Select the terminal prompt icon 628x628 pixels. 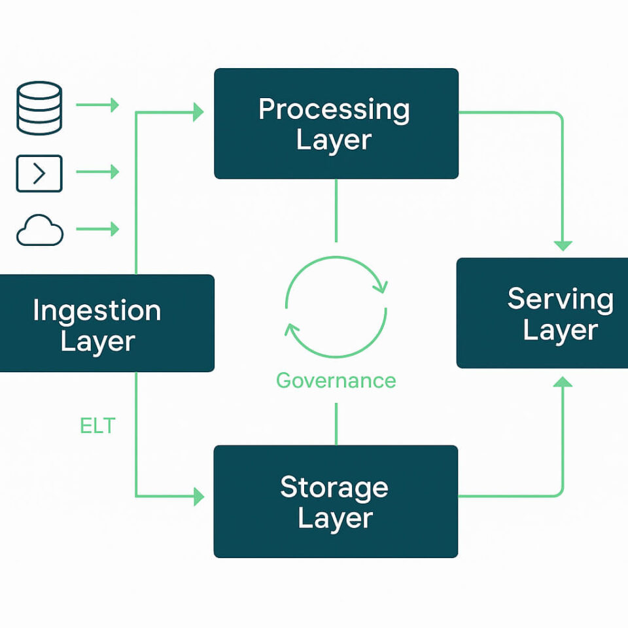39,173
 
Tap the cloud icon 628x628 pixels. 40,232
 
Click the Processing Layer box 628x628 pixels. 336,124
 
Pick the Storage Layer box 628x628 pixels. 336,501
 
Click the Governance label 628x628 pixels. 336,380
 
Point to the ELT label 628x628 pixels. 97,426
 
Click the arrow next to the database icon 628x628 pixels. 97,105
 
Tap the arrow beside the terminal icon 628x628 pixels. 97,172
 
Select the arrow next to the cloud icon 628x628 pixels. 97,229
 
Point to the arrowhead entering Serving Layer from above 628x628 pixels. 563,245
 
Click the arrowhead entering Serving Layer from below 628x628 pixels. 563,381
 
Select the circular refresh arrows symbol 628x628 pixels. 336,307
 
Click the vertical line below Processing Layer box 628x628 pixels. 336,209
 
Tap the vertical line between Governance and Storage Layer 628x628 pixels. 336,423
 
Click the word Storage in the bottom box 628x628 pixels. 334,487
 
